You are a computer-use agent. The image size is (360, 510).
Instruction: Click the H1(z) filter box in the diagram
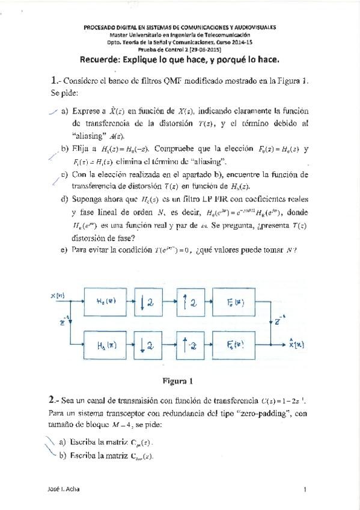[x=109, y=345]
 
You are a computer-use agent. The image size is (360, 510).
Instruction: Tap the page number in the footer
[x=305, y=490]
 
